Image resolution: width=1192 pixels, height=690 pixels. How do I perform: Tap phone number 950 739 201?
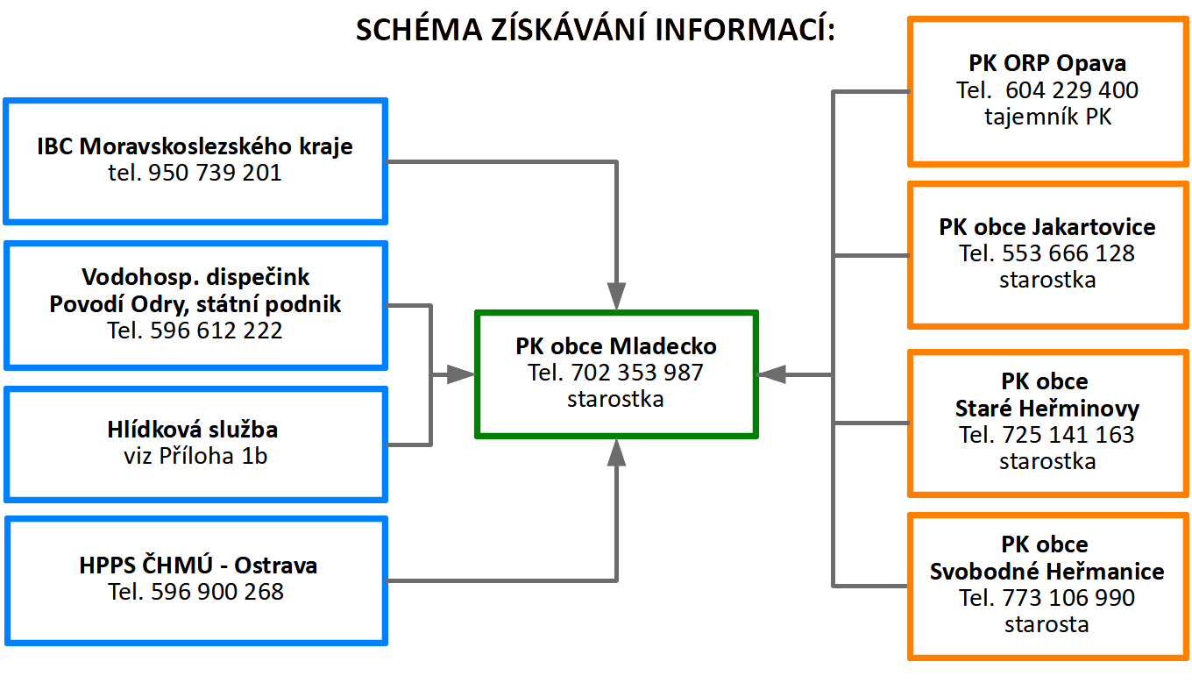pyautogui.click(x=215, y=173)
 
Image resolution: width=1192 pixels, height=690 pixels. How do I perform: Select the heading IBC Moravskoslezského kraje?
pyautogui.click(x=195, y=146)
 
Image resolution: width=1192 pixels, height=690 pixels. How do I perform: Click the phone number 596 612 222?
pyautogui.click(x=216, y=330)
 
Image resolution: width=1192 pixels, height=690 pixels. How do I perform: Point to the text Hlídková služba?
pyautogui.click(x=193, y=429)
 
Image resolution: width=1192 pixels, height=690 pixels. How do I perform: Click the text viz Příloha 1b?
pyautogui.click(x=195, y=456)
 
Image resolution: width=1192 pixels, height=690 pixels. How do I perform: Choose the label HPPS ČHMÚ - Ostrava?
pyautogui.click(x=198, y=566)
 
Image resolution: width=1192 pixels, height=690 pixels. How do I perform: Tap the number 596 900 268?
pyautogui.click(x=217, y=592)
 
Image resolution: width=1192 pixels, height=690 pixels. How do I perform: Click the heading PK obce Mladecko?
pyautogui.click(x=616, y=346)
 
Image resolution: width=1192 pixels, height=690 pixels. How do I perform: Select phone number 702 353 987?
pyautogui.click(x=637, y=373)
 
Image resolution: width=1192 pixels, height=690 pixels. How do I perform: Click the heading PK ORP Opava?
pyautogui.click(x=1047, y=63)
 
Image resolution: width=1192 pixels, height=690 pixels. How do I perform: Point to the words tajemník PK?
pyautogui.click(x=1047, y=117)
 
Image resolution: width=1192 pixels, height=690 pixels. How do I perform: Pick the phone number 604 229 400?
pyautogui.click(x=1072, y=90)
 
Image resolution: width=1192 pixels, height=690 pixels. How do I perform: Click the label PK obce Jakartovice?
pyautogui.click(x=1047, y=227)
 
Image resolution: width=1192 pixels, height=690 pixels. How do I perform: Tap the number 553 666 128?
pyautogui.click(x=1068, y=253)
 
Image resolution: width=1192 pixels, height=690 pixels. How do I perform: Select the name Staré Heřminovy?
pyautogui.click(x=1047, y=409)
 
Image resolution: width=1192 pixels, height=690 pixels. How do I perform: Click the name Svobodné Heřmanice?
pyautogui.click(x=1047, y=572)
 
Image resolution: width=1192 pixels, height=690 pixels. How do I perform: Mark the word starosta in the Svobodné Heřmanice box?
pyautogui.click(x=1047, y=624)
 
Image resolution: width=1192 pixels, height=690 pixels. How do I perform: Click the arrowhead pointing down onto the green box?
pyautogui.click(x=616, y=296)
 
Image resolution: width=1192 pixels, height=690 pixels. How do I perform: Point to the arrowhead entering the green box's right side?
pyautogui.click(x=771, y=375)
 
